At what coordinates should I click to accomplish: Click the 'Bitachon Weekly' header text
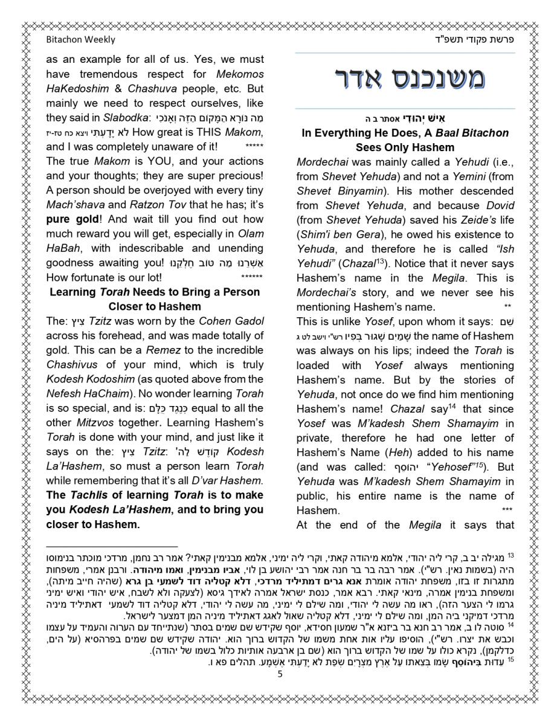point(80,40)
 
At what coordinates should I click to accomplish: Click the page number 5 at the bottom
point(280,674)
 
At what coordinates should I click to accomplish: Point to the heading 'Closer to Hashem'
point(155,306)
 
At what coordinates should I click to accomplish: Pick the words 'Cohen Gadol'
point(231,321)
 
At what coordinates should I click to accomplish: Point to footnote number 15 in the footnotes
point(510,660)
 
